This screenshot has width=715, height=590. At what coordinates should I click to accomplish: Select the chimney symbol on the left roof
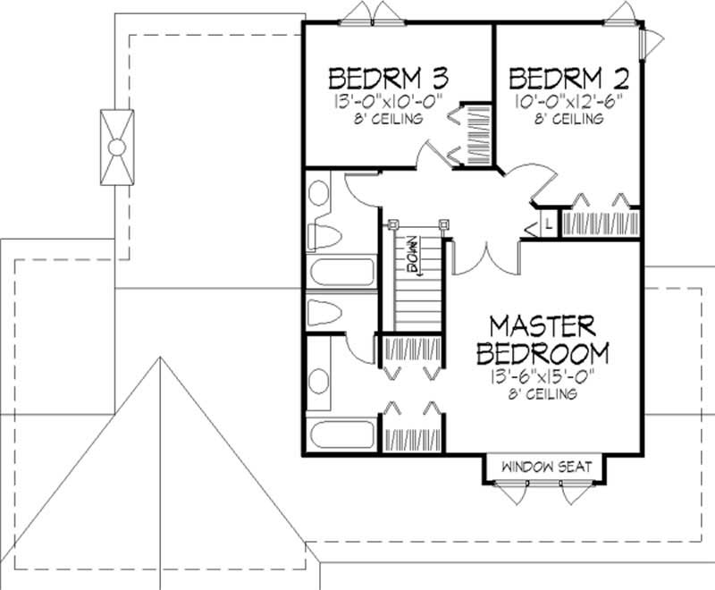pyautogui.click(x=116, y=147)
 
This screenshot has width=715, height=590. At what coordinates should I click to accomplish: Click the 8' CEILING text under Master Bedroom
pyautogui.click(x=534, y=393)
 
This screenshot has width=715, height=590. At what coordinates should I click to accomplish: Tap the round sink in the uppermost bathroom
pyautogui.click(x=319, y=190)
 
